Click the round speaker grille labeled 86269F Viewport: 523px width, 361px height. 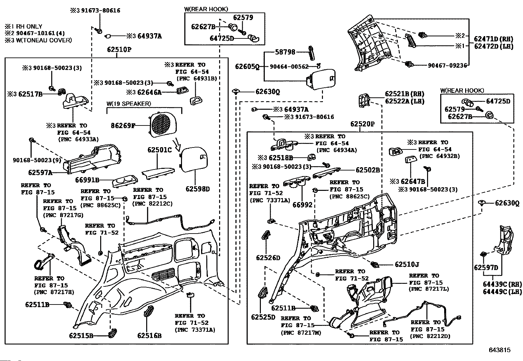tap(163, 124)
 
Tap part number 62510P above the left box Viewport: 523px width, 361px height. tap(119, 50)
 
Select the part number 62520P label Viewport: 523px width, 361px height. tap(362, 124)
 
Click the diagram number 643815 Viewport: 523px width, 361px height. tap(500, 350)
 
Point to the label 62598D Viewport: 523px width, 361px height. tap(197, 189)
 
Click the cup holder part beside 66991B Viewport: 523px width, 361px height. tap(125, 181)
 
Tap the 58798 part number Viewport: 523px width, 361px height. tap(285, 52)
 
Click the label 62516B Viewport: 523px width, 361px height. tap(149, 336)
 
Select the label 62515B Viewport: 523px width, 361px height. tap(81, 336)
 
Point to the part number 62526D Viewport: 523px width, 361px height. tap(268, 258)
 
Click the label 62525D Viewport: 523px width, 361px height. tap(263, 317)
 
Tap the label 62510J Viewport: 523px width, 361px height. tap(407, 264)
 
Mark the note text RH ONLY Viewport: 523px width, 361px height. tap(29, 26)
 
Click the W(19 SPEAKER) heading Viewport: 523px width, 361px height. tap(129, 104)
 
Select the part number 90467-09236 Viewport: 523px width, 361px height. tap(447, 66)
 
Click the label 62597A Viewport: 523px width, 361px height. tap(40, 172)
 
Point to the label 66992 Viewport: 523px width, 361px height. tap(302, 205)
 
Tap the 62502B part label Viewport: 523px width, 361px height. tap(368, 170)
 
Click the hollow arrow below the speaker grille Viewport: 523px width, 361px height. tap(177, 144)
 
